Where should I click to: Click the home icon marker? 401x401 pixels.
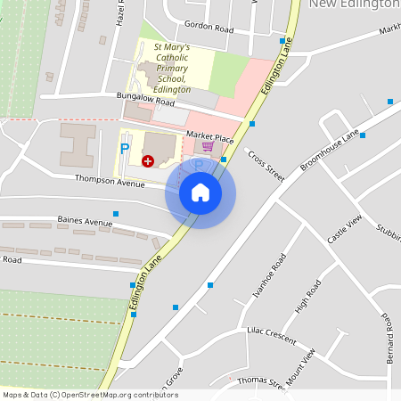(200, 192)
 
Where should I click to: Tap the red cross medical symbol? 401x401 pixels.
(148, 160)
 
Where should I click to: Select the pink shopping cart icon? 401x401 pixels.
(208, 147)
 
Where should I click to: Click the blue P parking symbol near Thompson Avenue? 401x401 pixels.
(125, 146)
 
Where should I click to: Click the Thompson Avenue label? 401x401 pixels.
(110, 183)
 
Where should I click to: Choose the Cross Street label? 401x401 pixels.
(266, 166)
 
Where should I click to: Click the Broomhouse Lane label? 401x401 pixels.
(330, 151)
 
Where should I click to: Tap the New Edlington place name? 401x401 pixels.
(354, 4)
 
